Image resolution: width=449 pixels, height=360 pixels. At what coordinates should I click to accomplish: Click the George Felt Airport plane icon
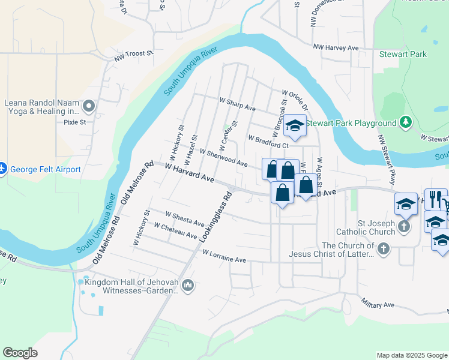tap(2, 170)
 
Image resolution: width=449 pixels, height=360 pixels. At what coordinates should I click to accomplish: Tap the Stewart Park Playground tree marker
tap(406, 123)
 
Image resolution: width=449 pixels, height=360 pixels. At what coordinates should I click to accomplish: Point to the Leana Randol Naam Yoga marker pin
tap(89, 107)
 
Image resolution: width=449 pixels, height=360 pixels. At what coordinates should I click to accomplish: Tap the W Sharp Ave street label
tap(237, 107)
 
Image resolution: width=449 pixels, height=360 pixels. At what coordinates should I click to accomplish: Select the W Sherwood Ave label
tap(223, 158)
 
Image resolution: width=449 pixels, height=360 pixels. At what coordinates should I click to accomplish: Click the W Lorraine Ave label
tap(224, 256)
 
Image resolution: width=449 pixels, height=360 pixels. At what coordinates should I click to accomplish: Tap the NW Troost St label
tap(134, 56)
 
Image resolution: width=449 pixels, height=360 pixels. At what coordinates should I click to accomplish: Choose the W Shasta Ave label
tap(185, 218)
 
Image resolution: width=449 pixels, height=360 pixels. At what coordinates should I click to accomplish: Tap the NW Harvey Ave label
tap(336, 47)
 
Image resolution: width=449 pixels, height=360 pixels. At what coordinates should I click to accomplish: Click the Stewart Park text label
tap(403, 54)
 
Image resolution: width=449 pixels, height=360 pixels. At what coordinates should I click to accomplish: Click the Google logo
tap(20, 352)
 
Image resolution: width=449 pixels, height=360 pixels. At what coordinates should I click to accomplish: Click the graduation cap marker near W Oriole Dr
tap(295, 125)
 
